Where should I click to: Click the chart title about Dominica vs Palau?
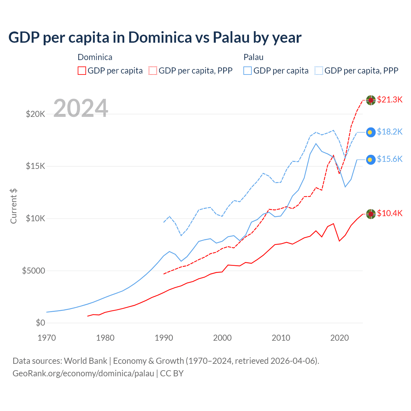(155, 37)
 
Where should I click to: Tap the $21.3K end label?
(389, 100)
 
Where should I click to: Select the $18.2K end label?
(389, 132)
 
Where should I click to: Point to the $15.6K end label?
(389, 159)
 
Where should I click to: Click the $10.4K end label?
(389, 213)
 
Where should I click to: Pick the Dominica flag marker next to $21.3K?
(371, 100)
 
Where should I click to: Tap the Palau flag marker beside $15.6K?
(371, 160)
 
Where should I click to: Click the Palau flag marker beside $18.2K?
(371, 132)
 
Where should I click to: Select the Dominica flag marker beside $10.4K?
(371, 214)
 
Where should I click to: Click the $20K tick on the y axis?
(35, 114)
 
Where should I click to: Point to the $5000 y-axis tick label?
(33, 271)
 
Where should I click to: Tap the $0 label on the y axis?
(40, 323)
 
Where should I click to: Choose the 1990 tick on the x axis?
(164, 338)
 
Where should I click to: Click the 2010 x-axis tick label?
(281, 338)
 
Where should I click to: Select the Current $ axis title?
(13, 206)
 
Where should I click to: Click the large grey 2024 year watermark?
(81, 108)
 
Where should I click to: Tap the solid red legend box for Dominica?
(82, 71)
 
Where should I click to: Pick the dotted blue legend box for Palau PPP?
(319, 71)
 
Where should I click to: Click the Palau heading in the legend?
(253, 57)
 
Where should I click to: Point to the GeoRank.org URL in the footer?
(83, 373)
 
